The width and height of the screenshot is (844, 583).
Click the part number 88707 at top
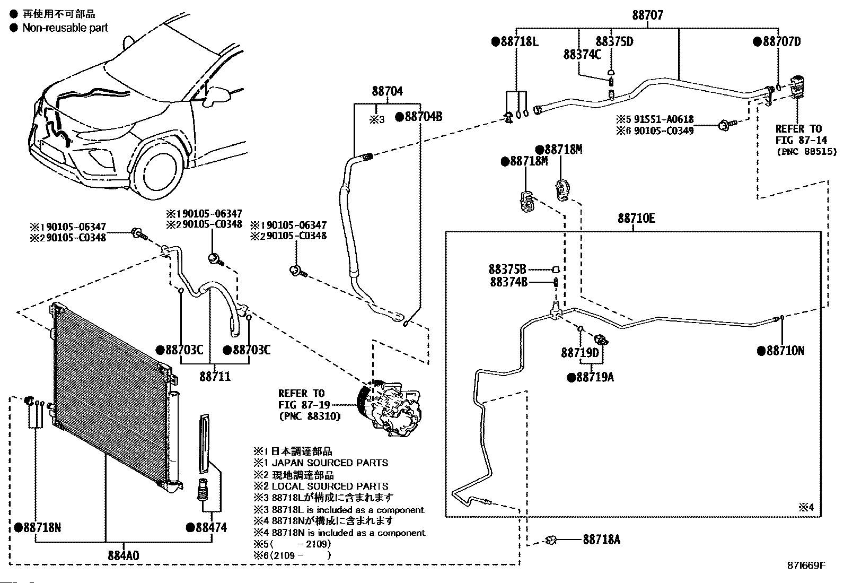pos(647,15)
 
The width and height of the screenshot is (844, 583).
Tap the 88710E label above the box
pos(636,218)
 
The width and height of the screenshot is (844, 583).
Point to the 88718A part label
pos(601,540)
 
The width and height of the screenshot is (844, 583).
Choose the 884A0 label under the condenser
pos(124,555)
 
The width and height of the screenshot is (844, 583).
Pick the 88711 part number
pos(215,377)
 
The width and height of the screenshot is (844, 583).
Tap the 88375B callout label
pos(507,269)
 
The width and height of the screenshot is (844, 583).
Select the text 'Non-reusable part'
pos(65,28)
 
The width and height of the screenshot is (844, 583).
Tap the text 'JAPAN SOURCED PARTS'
pos(329,463)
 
